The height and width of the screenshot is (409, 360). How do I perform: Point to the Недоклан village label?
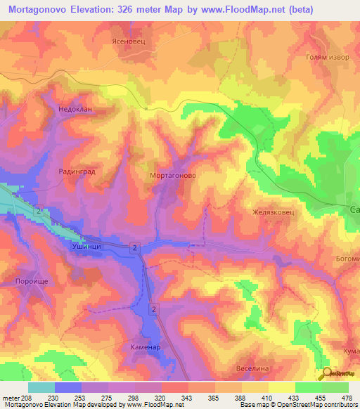coord(77,111)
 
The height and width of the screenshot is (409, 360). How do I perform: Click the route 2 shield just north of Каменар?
coord(153,309)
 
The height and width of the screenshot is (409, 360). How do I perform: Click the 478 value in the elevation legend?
coord(347,397)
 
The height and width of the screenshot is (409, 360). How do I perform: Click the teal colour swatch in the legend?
coord(41,387)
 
